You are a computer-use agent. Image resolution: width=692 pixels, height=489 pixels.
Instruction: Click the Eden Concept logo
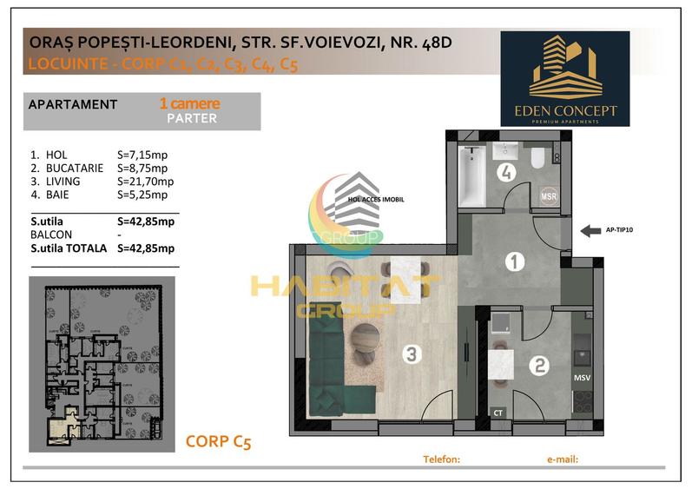coord(564,79)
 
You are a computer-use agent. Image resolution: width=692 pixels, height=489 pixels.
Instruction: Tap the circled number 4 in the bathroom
coord(506,173)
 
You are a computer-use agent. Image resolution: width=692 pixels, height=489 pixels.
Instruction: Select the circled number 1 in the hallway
coord(513,260)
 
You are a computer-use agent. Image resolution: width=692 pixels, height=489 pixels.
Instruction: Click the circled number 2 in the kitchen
coord(539,366)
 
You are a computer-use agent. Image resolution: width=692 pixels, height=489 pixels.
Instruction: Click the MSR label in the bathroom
coord(549,196)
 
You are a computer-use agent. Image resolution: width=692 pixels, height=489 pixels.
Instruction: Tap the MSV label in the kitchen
coord(581,379)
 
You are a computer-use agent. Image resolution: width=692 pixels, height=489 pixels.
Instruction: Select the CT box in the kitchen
coord(498,413)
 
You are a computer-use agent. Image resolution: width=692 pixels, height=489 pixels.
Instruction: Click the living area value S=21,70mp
coord(145,182)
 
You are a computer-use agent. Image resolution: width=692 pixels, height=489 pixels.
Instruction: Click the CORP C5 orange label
coord(218,442)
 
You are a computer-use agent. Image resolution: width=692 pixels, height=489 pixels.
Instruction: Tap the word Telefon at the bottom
coord(440,459)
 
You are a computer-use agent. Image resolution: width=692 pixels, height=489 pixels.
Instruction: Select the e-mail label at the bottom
coord(563,459)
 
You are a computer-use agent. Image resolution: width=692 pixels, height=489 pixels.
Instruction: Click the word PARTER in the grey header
coord(192,118)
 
